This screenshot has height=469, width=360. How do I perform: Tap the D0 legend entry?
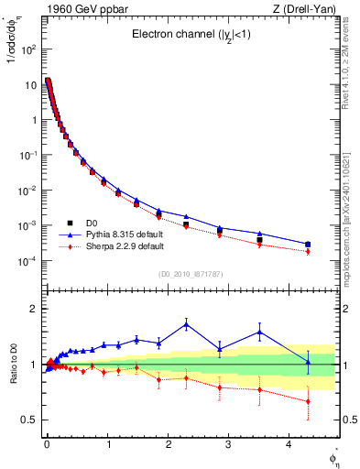coord(93,223)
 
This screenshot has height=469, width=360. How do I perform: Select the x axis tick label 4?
coord(289,445)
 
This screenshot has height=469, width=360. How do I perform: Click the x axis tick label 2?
coord(167,445)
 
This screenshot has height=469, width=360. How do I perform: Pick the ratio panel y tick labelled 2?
coord(33,309)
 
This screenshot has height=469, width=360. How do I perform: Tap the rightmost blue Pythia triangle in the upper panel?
coord(308,244)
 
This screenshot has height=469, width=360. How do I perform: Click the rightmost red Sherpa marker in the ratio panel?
coord(308,401)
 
